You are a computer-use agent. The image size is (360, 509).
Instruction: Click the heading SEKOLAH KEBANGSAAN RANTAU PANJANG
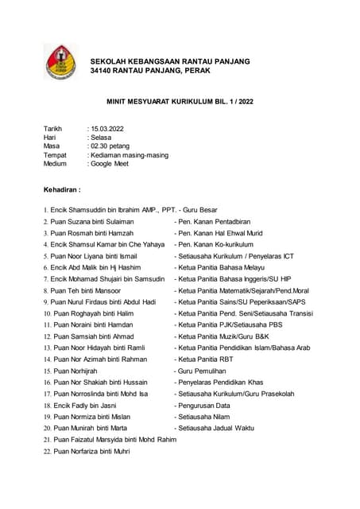point(170,61)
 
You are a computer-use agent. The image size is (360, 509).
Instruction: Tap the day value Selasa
point(102,138)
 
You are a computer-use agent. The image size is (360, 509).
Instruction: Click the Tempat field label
point(56,155)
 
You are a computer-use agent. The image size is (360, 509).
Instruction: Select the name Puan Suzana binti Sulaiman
point(92,222)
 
